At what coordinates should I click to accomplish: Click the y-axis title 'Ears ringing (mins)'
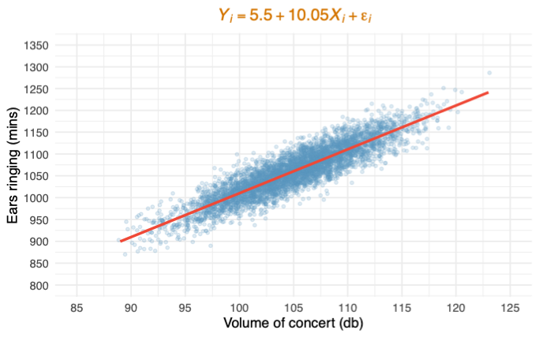tap(13, 167)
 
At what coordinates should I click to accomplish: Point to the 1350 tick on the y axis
tap(36, 46)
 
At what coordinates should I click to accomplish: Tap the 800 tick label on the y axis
tap(39, 286)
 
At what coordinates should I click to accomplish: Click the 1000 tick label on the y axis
tap(36, 198)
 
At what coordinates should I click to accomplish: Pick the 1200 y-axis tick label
tap(36, 111)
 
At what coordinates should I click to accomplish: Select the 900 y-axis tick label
tap(39, 242)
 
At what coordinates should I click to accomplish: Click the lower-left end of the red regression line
tap(120, 241)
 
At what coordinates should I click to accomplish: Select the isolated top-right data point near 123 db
tap(489, 73)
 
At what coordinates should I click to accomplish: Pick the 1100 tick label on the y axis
tap(36, 155)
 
